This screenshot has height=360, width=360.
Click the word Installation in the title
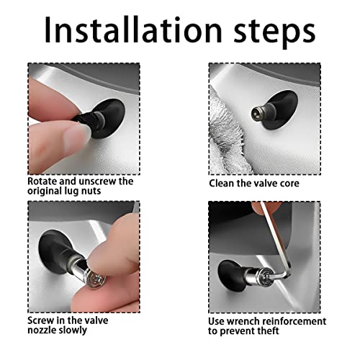(133, 30)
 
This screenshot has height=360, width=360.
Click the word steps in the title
(274, 33)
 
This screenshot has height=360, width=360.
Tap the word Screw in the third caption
(40, 320)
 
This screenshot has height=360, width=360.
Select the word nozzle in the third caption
(42, 330)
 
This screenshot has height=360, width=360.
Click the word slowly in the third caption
(73, 330)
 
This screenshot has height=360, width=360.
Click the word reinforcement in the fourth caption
(294, 321)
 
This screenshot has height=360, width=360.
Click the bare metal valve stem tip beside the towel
(261, 113)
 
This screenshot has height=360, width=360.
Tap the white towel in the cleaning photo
(228, 136)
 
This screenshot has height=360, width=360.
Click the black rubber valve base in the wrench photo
(233, 275)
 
